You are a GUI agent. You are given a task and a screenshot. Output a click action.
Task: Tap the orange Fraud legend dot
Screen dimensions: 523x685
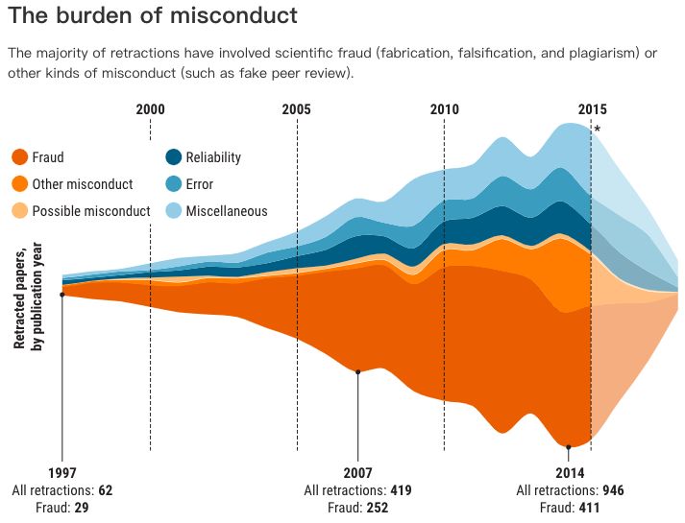tap(18, 157)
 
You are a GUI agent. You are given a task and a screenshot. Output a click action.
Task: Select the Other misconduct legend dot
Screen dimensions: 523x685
tap(18, 184)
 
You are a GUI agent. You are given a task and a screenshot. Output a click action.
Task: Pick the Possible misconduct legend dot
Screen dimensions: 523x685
tap(18, 211)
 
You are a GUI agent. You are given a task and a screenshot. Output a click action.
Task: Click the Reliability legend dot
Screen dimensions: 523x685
tap(173, 157)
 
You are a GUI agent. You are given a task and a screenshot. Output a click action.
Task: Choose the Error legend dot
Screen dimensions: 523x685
tap(173, 184)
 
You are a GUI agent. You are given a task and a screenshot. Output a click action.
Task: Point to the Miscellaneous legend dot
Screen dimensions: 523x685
tap(173, 211)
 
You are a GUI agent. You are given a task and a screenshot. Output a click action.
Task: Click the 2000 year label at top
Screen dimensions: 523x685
tap(150, 109)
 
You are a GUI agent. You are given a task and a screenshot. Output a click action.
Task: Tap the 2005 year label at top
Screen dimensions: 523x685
tap(297, 109)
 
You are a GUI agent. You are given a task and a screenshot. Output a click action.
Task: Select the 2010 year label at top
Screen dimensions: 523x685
tap(444, 109)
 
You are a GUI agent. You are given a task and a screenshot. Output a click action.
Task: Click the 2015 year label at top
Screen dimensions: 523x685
tap(592, 109)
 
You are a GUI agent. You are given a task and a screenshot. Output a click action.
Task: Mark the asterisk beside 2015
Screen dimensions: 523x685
tap(598, 130)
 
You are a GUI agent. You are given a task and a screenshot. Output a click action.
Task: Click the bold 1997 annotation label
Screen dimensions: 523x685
tap(61, 473)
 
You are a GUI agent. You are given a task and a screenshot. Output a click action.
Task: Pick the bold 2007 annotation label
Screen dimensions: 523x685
tap(357, 473)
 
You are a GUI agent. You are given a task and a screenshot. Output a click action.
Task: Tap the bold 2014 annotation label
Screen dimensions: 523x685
tap(570, 473)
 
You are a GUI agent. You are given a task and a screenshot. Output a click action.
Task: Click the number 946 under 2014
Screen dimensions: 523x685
tap(613, 490)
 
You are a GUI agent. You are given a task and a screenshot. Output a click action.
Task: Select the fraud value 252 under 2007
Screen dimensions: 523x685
tap(377, 508)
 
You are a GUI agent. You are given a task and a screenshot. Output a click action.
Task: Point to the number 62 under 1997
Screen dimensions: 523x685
tap(105, 490)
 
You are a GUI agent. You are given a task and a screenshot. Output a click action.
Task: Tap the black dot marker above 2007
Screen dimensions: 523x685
tap(357, 372)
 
